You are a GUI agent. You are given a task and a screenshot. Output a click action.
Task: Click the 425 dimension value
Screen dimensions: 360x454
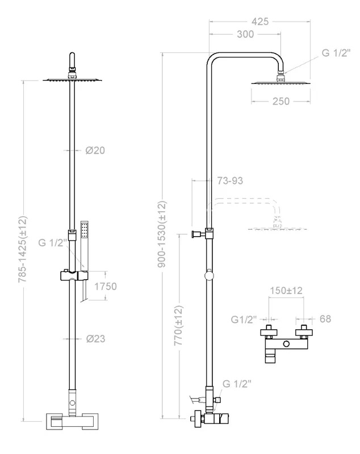tap(260, 22)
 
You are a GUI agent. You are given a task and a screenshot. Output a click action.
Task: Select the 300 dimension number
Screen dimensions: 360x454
tap(245, 34)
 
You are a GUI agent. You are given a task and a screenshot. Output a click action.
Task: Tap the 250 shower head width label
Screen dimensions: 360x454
tap(281, 102)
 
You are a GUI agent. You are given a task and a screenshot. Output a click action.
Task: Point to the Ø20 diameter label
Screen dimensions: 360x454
tap(95, 150)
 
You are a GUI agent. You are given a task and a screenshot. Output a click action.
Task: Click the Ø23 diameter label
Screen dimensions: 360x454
tap(95, 338)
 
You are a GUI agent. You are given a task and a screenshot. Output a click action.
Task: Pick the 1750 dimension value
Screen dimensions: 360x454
tap(106, 287)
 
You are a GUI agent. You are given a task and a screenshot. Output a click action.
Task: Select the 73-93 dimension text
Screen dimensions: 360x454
tap(230, 180)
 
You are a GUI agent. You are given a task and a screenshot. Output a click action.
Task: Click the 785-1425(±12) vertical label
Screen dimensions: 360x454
tap(23, 249)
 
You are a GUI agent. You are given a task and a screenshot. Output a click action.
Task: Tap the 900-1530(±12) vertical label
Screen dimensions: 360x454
tap(162, 234)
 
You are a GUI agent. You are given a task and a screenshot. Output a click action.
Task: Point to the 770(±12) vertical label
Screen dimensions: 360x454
tap(178, 325)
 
